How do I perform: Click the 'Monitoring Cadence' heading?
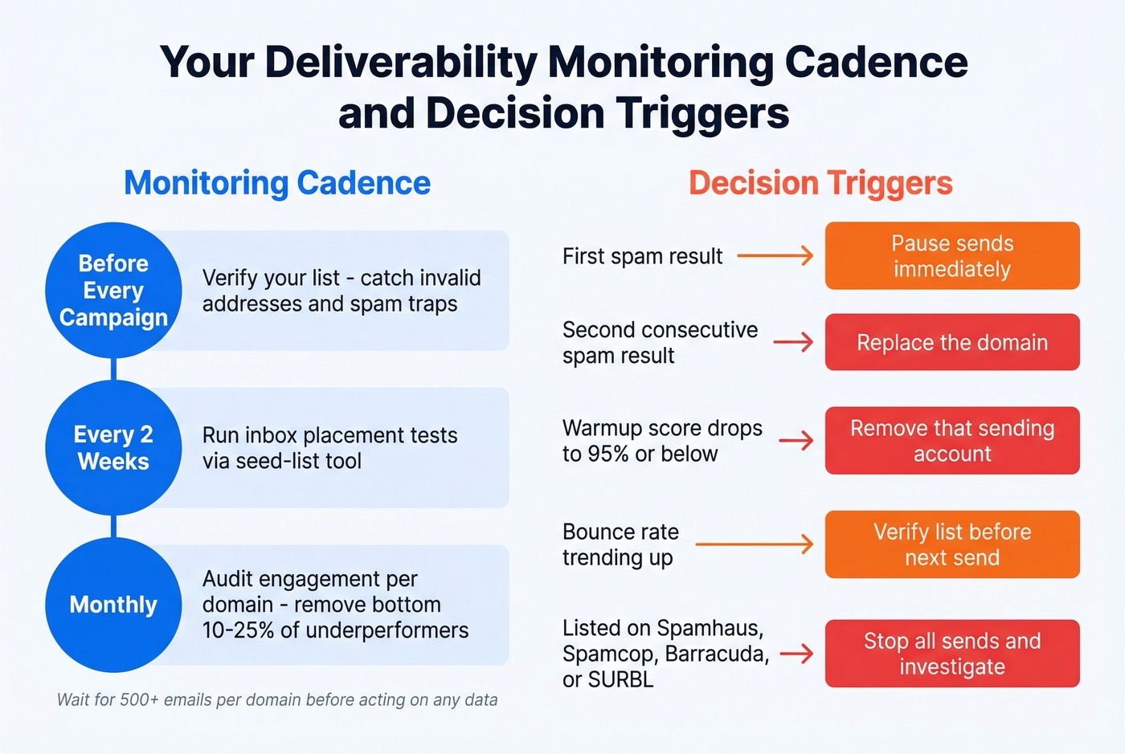(x=277, y=183)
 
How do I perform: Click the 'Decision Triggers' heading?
(x=820, y=183)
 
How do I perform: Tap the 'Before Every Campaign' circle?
(x=113, y=290)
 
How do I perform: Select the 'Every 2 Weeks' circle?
(x=113, y=447)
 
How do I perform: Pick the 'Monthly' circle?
(x=113, y=605)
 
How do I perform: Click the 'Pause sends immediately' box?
(x=952, y=256)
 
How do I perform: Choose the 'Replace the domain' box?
(x=952, y=342)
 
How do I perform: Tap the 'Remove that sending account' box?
(x=952, y=441)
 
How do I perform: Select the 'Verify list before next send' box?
(x=952, y=544)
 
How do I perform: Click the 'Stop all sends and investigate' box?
(x=952, y=654)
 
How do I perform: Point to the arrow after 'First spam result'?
(x=775, y=256)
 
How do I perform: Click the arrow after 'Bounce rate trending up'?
(x=754, y=544)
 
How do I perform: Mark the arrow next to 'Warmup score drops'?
(x=796, y=441)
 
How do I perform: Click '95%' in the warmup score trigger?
(x=608, y=454)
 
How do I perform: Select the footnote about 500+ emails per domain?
(x=277, y=699)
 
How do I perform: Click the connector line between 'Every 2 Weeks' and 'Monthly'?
(x=113, y=527)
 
